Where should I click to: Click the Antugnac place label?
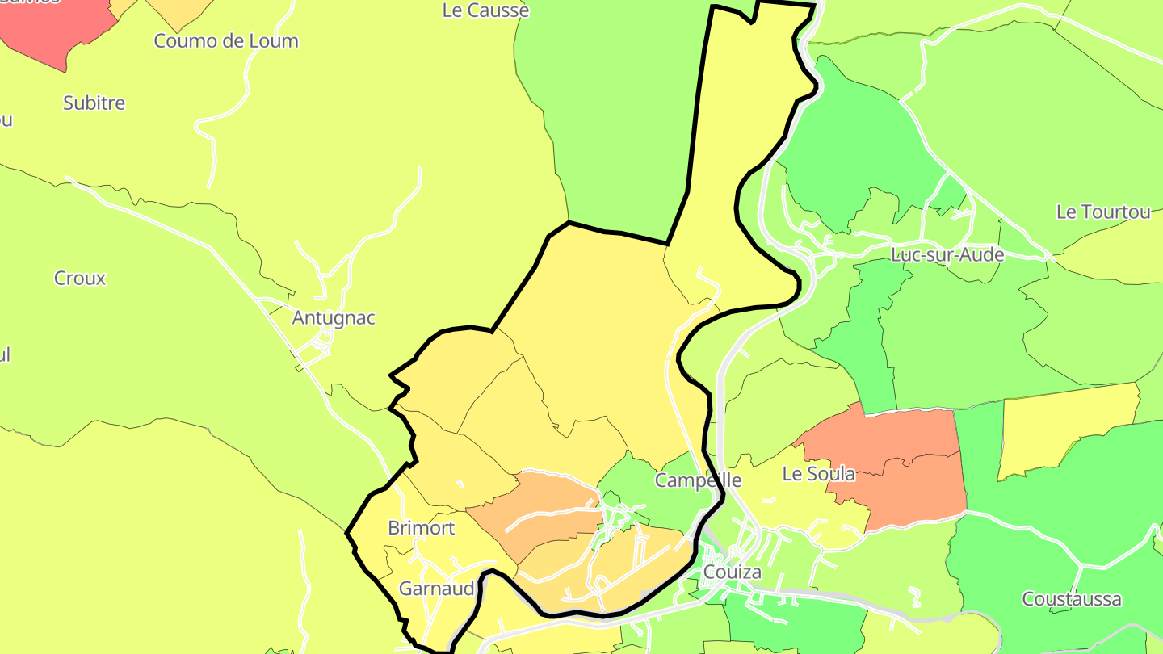(x=334, y=318)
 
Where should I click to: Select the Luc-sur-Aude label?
(x=947, y=255)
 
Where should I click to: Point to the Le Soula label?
(x=818, y=474)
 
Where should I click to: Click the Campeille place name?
(x=698, y=480)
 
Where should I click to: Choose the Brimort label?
(x=421, y=528)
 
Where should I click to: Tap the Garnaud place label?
(x=436, y=589)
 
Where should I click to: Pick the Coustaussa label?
(x=1071, y=599)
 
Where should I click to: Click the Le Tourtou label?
(x=1103, y=212)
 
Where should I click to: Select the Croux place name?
(x=80, y=279)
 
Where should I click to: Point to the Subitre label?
(x=94, y=103)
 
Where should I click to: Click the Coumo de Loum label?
(x=226, y=41)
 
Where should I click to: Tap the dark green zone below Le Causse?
(x=622, y=121)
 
